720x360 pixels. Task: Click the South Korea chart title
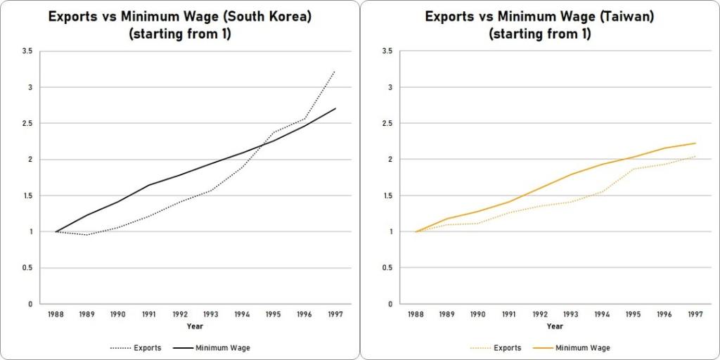pos(179,25)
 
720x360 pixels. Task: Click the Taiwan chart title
pos(539,25)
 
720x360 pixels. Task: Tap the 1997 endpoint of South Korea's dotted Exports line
pos(335,71)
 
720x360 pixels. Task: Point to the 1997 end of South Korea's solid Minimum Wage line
pos(335,108)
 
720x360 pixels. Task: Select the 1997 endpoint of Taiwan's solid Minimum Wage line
pos(695,143)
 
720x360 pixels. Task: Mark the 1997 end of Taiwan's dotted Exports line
pos(695,156)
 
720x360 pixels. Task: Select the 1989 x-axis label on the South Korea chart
pos(87,315)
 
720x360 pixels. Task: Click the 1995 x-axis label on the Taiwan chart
pos(634,315)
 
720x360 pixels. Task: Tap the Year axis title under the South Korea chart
pos(195,326)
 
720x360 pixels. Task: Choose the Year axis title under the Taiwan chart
pos(555,326)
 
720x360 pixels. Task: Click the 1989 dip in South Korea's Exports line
pos(87,235)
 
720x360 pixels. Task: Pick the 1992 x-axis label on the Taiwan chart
pos(540,315)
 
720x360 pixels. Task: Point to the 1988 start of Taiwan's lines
pos(416,231)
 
